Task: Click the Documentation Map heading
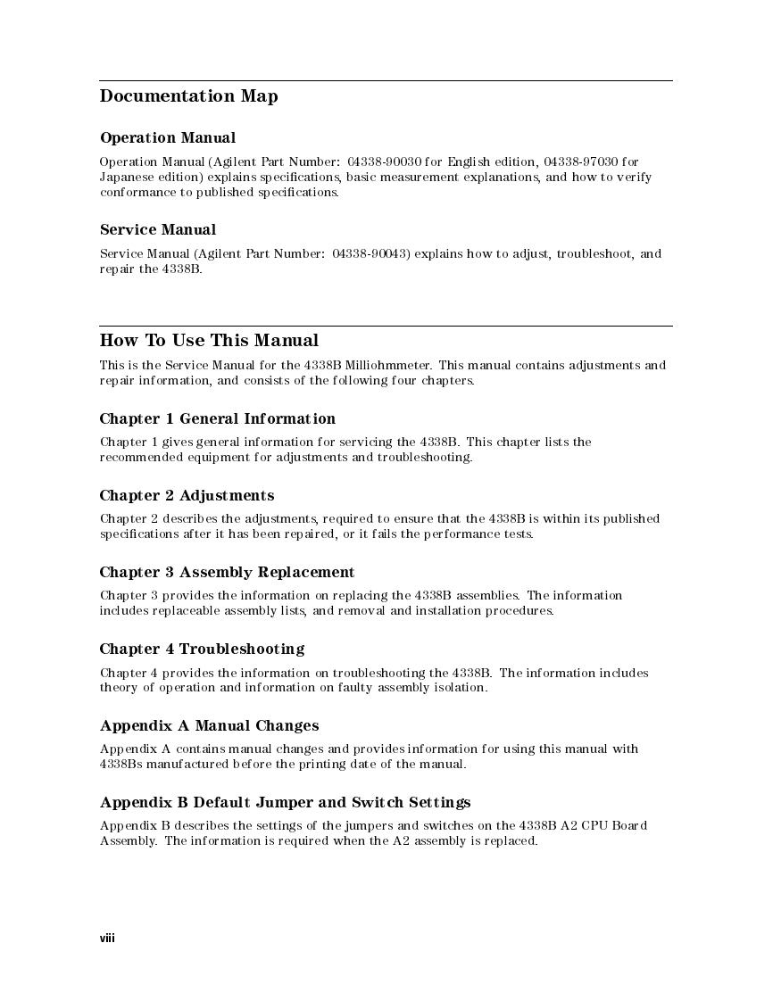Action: click(x=188, y=96)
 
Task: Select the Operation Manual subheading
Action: click(x=168, y=137)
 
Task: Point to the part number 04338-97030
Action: click(x=579, y=161)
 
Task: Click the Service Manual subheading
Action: click(x=158, y=230)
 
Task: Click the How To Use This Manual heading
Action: click(x=209, y=340)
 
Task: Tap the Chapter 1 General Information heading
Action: click(x=218, y=418)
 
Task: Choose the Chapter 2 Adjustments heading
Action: click(x=187, y=495)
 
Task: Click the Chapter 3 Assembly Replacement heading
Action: click(x=227, y=572)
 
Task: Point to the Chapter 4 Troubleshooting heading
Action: click(x=202, y=649)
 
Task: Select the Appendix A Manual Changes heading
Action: click(x=209, y=725)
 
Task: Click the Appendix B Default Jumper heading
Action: click(x=285, y=802)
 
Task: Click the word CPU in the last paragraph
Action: click(x=597, y=825)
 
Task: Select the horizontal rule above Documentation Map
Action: click(x=386, y=81)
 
